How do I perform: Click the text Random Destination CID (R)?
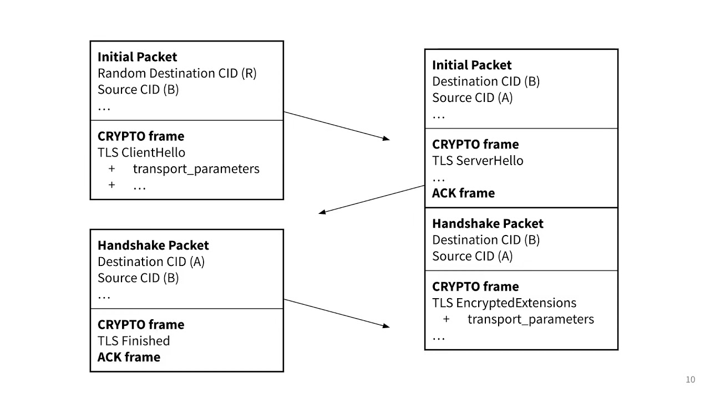(177, 73)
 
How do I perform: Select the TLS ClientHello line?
(141, 152)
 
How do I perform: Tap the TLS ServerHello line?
(478, 161)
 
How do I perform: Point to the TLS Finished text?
(134, 341)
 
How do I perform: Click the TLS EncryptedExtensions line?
(504, 303)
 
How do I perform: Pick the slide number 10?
(690, 380)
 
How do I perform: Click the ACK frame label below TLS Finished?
(129, 357)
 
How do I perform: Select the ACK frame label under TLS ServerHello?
(463, 193)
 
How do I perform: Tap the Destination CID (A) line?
(151, 262)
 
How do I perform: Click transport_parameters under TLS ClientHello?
(196, 168)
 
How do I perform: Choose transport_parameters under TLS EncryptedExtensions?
(530, 319)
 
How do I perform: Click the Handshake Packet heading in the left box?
(153, 245)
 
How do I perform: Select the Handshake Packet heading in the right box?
(488, 224)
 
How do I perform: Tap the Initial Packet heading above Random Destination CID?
(137, 57)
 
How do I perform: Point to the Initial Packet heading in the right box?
(471, 65)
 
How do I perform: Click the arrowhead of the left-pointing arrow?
(322, 212)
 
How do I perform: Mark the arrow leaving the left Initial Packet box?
(336, 126)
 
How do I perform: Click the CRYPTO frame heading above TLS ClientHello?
(141, 136)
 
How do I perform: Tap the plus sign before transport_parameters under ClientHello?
(111, 168)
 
